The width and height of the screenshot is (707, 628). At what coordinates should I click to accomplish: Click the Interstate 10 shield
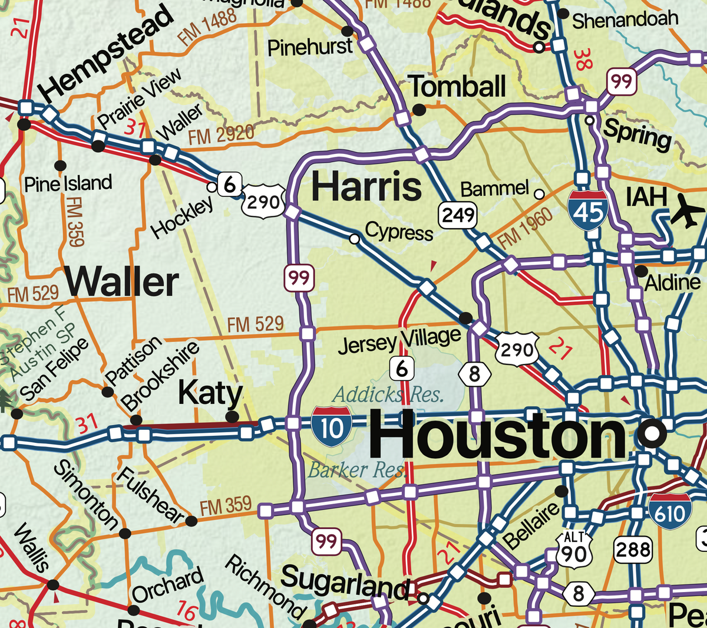point(332,425)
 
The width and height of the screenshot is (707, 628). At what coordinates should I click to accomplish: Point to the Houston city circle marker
point(652,434)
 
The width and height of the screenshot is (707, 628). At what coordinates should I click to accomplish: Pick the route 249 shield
point(458,215)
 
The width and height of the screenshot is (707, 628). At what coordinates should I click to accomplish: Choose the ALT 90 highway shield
point(573,549)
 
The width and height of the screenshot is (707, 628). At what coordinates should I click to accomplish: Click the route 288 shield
point(633,550)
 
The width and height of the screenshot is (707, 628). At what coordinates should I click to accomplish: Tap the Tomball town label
point(457,87)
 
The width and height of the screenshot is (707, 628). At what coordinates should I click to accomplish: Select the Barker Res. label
point(356,470)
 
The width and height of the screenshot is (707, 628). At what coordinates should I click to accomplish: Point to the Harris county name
point(366,186)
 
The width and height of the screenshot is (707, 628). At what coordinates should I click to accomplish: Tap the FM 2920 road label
point(221,136)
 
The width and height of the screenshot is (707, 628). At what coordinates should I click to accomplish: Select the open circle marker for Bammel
point(538,193)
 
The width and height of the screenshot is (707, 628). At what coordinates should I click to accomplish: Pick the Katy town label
point(210,393)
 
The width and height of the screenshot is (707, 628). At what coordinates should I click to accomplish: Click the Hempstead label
point(107,53)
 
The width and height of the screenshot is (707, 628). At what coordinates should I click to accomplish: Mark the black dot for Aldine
point(641,271)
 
